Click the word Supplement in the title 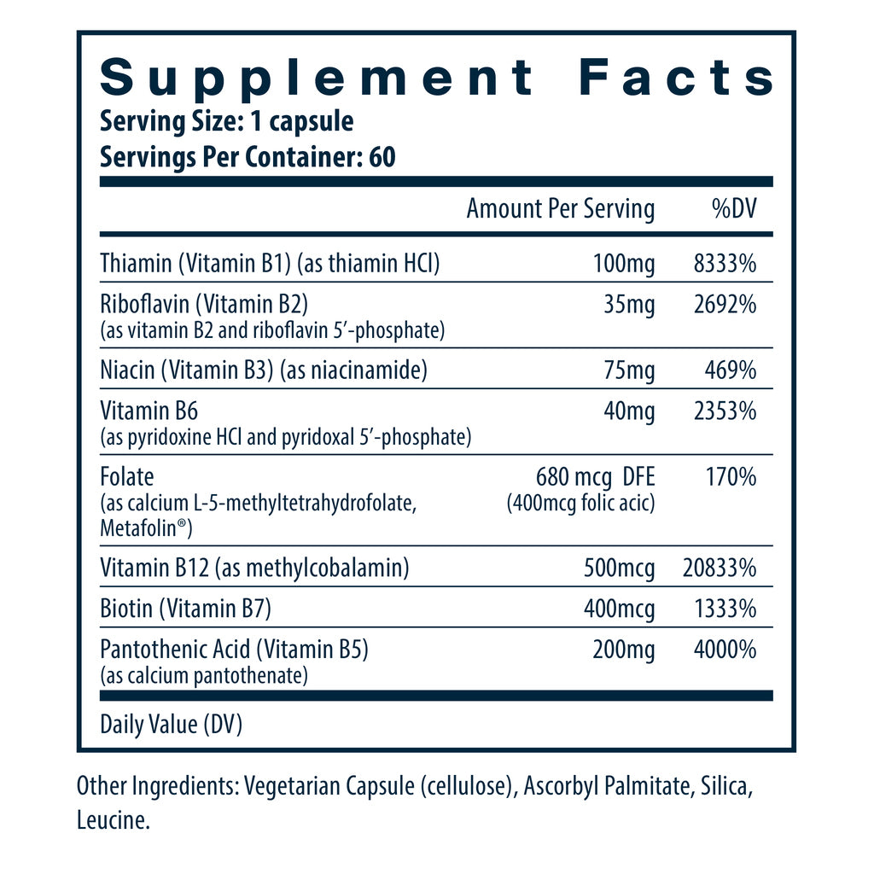316,79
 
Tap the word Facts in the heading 676,79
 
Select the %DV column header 733,209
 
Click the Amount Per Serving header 561,209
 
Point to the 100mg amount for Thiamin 623,264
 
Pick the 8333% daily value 726,264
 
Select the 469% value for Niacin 733,370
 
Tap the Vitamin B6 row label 149,411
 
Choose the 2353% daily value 726,411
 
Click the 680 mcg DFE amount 595,476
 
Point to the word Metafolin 143,529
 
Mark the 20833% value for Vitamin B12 720,568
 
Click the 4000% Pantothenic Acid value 726,650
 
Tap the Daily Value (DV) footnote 172,725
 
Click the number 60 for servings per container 383,159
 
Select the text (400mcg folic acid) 580,503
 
